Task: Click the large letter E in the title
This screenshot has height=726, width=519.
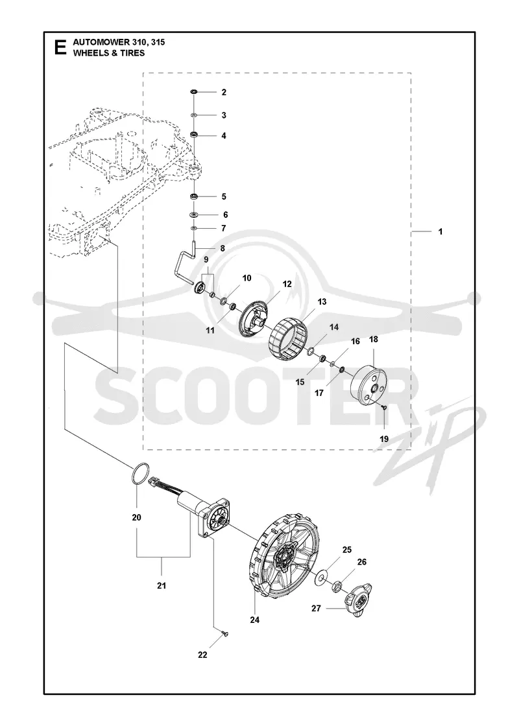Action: [x=60, y=47]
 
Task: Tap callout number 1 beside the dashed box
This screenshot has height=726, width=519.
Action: [x=441, y=231]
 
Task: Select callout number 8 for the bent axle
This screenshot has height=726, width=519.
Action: [x=223, y=249]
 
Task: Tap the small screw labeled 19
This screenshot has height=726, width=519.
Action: [x=384, y=407]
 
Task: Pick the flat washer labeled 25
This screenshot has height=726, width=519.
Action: [x=320, y=578]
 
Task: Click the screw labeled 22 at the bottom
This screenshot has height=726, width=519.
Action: [x=226, y=633]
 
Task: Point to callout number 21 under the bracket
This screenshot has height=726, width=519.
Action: [x=162, y=586]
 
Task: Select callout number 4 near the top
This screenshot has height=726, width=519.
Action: [x=224, y=135]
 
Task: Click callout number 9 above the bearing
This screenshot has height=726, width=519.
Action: [x=206, y=260]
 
